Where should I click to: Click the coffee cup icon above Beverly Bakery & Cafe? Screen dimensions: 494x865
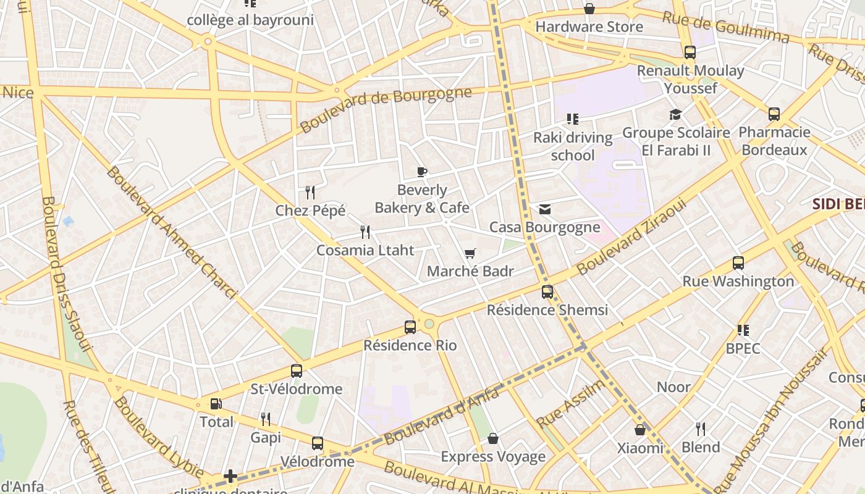click(x=422, y=172)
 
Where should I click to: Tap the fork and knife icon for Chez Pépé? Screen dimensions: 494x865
click(x=310, y=193)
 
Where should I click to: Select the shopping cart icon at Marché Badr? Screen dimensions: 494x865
click(x=470, y=253)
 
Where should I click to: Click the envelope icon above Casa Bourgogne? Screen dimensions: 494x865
click(x=545, y=209)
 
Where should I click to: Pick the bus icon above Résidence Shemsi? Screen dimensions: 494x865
click(x=547, y=292)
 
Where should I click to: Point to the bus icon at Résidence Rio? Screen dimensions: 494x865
click(x=410, y=327)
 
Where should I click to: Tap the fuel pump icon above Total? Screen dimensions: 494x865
click(x=216, y=404)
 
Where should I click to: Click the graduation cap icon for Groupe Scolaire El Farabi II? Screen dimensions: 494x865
click(x=675, y=115)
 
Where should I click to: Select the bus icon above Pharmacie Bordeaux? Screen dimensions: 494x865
click(x=774, y=114)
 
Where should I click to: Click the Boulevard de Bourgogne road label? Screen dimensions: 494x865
click(x=386, y=109)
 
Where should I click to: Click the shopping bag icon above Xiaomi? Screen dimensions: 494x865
click(x=640, y=430)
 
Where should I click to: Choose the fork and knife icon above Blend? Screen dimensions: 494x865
click(x=701, y=429)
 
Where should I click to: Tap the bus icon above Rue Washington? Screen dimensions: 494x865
click(x=738, y=263)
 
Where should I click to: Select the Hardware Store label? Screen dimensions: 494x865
click(x=589, y=27)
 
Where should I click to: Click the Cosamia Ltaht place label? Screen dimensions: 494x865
click(x=365, y=250)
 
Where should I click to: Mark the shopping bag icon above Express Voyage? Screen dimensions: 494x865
click(x=493, y=439)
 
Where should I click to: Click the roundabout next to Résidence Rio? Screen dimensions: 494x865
click(x=429, y=324)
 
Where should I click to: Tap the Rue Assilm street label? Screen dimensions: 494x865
click(x=571, y=404)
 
